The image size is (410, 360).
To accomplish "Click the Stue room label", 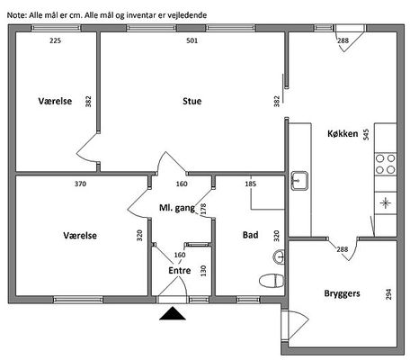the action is [192, 101].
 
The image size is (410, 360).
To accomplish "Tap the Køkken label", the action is [343, 133].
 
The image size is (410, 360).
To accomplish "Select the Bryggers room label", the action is [342, 293].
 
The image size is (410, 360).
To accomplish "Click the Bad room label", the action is [250, 235].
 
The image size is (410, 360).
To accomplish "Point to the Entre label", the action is [180, 271].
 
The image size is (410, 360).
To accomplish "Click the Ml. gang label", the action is [177, 208].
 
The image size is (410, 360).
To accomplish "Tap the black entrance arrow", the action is [173, 313].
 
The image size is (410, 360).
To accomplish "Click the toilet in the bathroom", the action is [272, 281].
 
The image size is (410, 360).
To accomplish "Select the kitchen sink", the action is [299, 181].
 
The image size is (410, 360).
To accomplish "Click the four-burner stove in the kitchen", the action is [386, 164].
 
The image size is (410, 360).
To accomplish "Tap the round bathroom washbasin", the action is [279, 257].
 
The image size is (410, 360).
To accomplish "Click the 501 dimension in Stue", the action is [192, 40].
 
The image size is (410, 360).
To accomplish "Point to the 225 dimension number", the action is [56, 40].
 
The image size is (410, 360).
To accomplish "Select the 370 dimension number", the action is [80, 184].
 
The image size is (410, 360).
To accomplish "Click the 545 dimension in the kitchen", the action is [366, 135].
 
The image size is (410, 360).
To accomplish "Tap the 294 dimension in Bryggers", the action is [388, 294].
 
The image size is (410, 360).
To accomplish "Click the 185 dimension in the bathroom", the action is [251, 184].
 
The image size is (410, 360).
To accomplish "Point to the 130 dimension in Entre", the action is [203, 271].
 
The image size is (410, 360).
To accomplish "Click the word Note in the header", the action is [17, 15].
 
